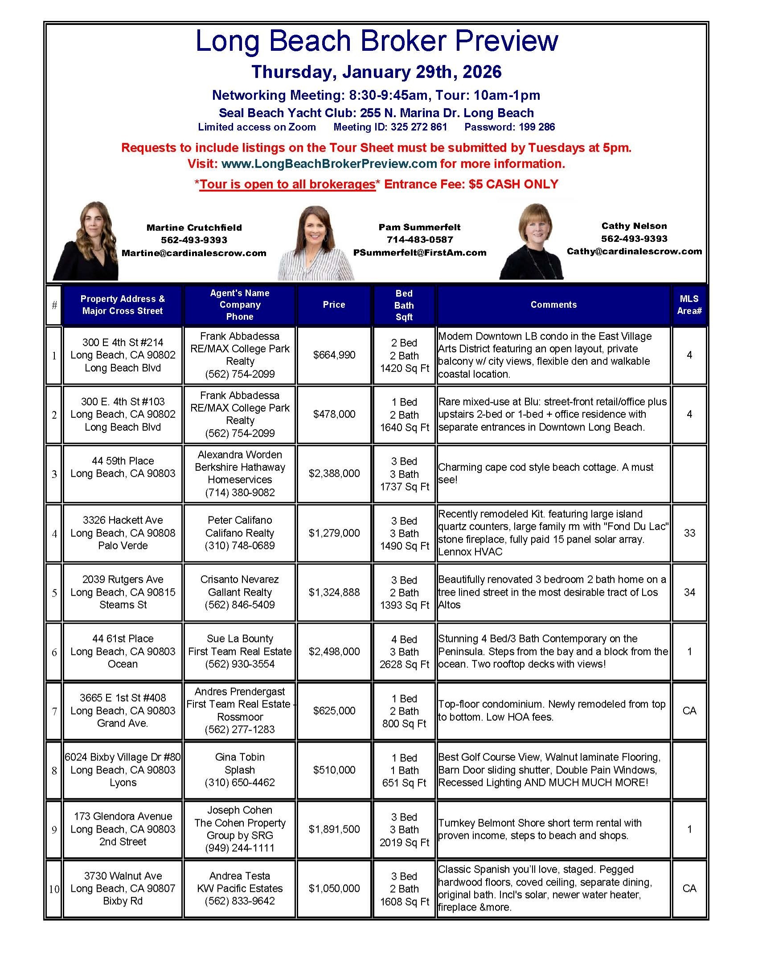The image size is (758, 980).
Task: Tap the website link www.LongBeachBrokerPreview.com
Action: coord(329,164)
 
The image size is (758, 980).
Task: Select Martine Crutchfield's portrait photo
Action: coord(86,241)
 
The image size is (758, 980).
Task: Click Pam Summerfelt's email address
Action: coord(420,253)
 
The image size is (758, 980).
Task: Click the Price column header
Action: coord(334,305)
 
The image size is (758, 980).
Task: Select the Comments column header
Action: coord(553,305)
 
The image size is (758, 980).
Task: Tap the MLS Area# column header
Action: coord(689,305)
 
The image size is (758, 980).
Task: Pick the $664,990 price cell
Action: coord(334,355)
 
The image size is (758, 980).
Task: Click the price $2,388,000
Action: coord(334,474)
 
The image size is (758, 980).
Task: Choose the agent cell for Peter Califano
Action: coord(240,533)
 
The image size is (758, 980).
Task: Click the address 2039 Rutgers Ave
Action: coord(123,579)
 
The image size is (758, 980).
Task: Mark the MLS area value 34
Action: coord(689,592)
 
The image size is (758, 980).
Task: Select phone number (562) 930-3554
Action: coord(240,664)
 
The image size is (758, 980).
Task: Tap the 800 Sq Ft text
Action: coord(404,723)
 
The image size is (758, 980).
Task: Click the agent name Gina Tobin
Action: coord(240,757)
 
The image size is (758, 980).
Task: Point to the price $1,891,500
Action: coord(334,829)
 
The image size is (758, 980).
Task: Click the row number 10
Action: coord(54,889)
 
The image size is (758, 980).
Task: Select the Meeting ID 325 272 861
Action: coord(390,127)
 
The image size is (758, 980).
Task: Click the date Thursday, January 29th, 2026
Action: coord(376,72)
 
